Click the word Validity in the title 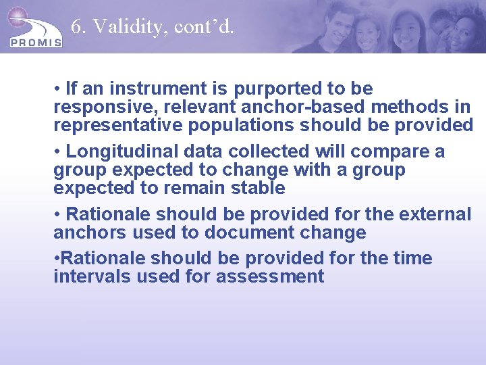click(129, 26)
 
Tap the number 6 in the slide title click(76, 26)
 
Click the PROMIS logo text click(36, 43)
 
